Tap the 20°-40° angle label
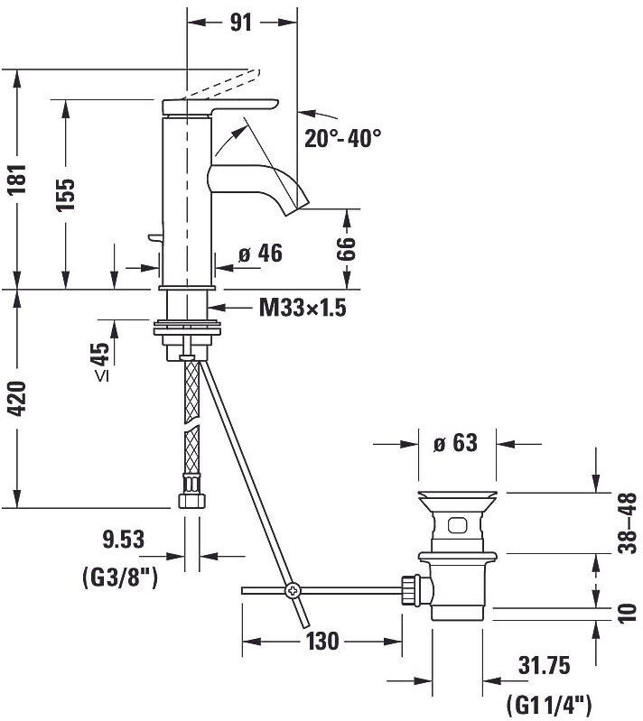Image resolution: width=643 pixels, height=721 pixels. coord(343,138)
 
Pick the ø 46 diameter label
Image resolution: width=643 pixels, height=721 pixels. coord(260,254)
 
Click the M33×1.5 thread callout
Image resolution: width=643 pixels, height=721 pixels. coord(303,309)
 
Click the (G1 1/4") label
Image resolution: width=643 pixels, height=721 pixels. coord(547,701)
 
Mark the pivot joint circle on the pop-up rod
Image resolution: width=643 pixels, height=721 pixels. coord(293,591)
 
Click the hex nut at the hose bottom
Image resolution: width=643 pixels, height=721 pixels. coord(190,499)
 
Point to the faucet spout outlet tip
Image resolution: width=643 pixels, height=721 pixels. coord(294,206)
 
